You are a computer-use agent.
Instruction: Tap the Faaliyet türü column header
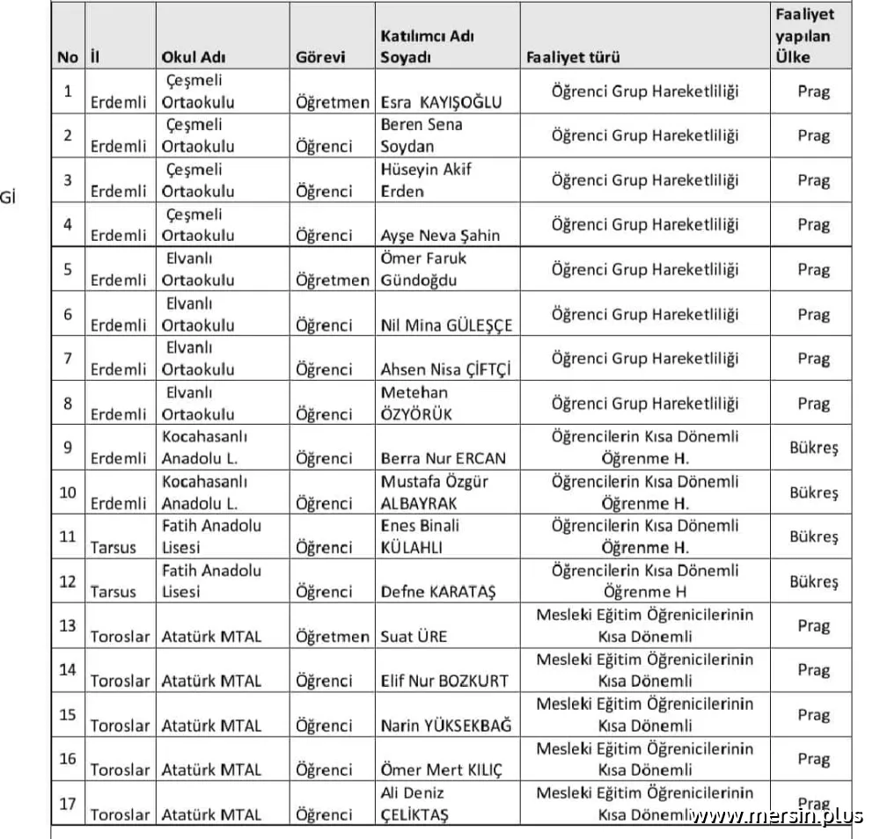pyautogui.click(x=573, y=58)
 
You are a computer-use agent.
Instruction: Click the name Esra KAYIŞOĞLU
pyautogui.click(x=441, y=102)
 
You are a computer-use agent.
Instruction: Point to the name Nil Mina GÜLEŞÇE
pyautogui.click(x=446, y=325)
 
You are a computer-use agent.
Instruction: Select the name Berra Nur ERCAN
pyautogui.click(x=444, y=459)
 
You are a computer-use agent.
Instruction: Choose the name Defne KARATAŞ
pyautogui.click(x=438, y=593)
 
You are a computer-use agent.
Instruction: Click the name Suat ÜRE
pyautogui.click(x=414, y=637)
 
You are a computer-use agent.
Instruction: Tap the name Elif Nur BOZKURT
pyautogui.click(x=444, y=681)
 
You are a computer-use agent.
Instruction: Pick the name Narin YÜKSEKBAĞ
pyautogui.click(x=445, y=726)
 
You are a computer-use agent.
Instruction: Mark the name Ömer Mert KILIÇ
pyautogui.click(x=442, y=770)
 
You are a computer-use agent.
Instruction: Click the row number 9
pyautogui.click(x=68, y=448)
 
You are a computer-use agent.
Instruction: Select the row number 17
pyautogui.click(x=68, y=804)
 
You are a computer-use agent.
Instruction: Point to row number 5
pyautogui.click(x=68, y=269)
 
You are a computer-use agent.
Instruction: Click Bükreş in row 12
pyautogui.click(x=814, y=581)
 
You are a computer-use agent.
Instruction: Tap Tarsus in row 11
pyautogui.click(x=114, y=548)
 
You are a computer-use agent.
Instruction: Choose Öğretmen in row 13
pyautogui.click(x=333, y=637)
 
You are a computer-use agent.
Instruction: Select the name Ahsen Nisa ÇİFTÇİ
pyautogui.click(x=445, y=370)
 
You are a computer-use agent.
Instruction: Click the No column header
pyautogui.click(x=68, y=58)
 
